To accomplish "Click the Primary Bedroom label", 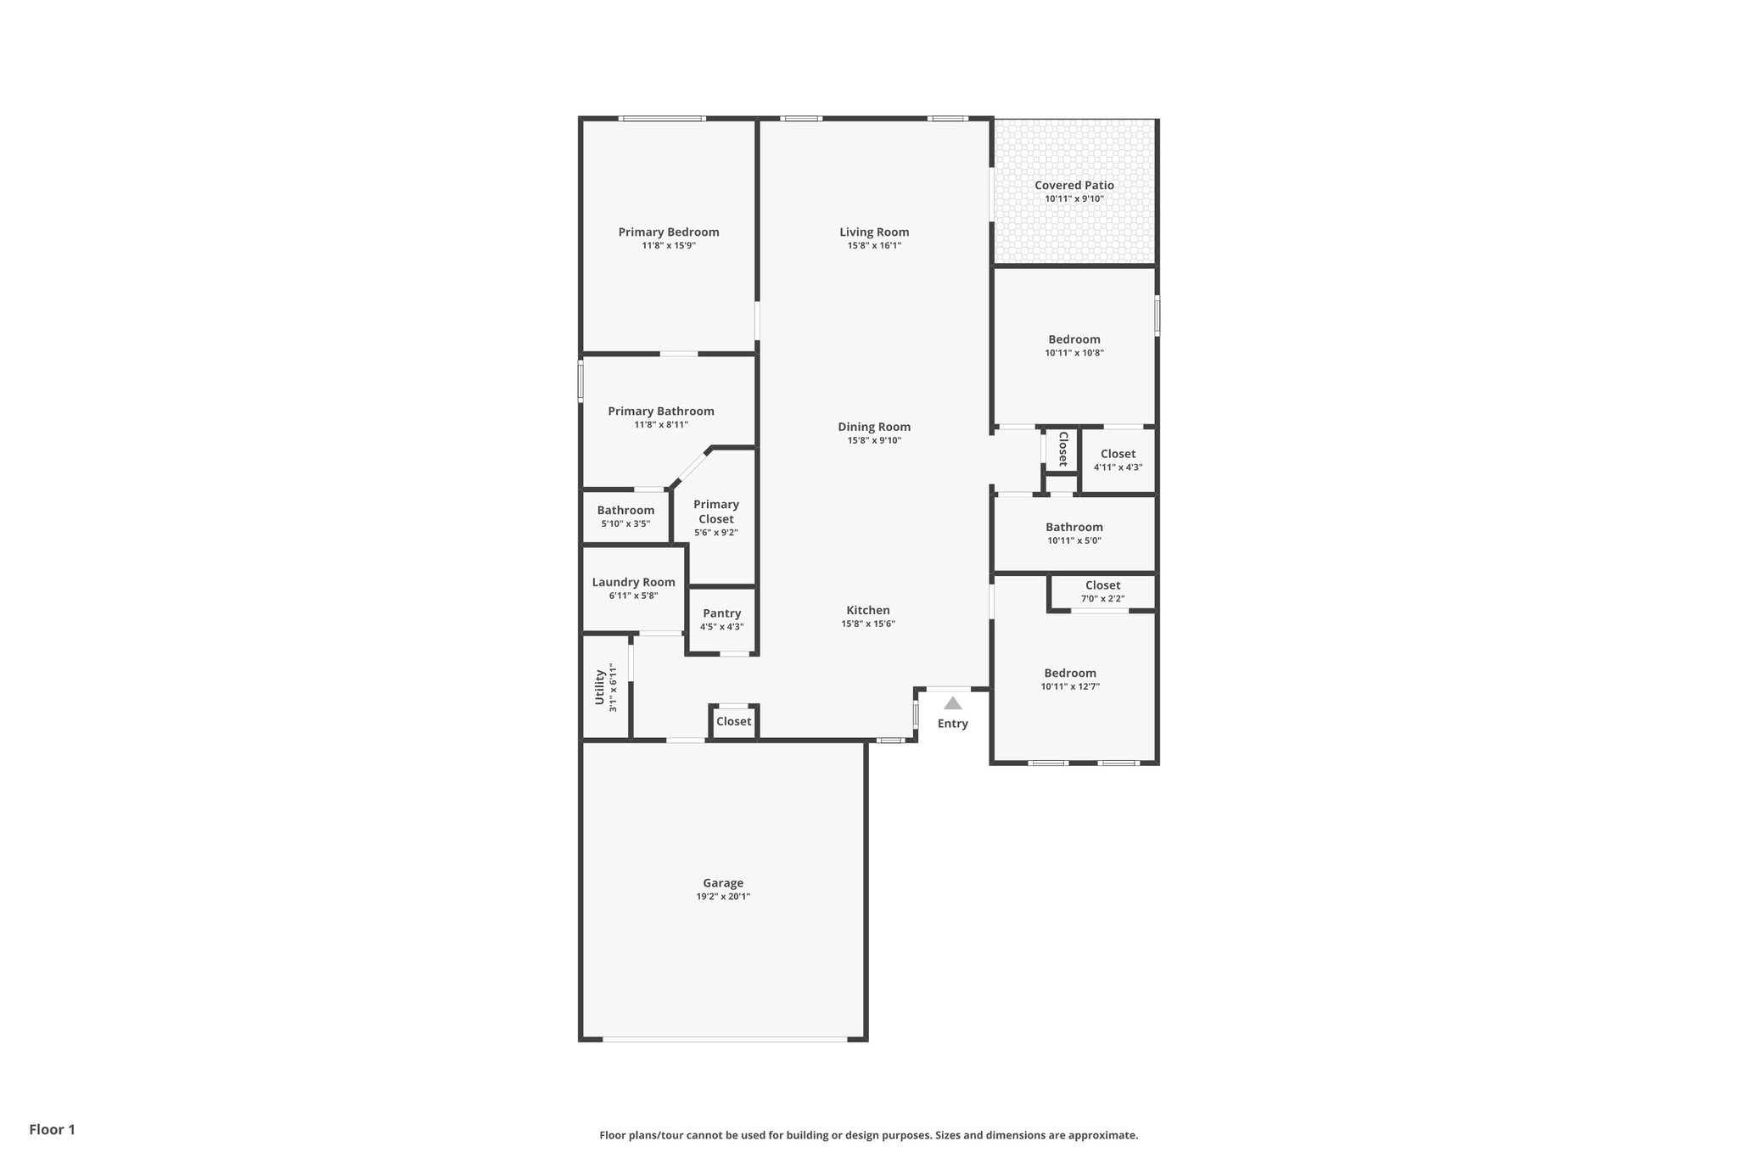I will pos(668,232).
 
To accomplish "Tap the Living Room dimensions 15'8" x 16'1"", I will pos(873,246).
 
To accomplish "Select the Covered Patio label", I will pos(1074,185).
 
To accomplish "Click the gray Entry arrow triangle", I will pos(952,703).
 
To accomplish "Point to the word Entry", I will pos(952,724).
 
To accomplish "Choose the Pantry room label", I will pos(721,613).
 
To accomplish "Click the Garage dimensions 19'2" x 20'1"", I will pos(722,897).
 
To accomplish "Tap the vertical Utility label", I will pos(599,687).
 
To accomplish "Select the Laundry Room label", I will pos(633,582).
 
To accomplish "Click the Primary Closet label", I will pos(715,512).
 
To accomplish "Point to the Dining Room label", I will pos(873,427).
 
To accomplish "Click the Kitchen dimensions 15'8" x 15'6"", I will pos(867,624).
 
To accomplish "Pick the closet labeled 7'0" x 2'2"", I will pos(1102,591).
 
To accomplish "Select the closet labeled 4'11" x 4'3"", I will pos(1117,460).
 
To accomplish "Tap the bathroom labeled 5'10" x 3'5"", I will pos(625,516).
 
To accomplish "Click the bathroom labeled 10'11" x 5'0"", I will pos(1074,533).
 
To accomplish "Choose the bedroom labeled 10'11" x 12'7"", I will pos(1069,679).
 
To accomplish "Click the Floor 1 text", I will pos(52,1129).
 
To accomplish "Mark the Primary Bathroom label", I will pos(660,411).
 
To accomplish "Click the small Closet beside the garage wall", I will pos(733,721).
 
